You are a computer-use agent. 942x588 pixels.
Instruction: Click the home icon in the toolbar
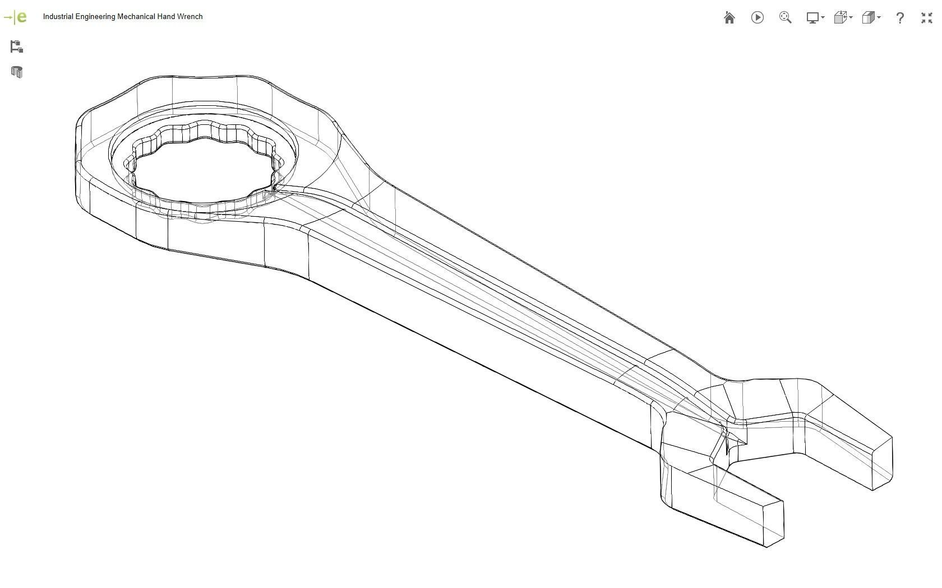729,18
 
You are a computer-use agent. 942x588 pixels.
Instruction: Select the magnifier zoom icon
785,18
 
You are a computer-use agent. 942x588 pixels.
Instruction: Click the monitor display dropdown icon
814,18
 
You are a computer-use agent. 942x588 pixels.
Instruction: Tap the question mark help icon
899,18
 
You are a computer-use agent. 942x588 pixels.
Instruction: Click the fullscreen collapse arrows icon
926,18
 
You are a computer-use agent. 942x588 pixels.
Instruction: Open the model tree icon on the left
16,46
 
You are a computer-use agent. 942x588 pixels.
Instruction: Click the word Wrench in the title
190,17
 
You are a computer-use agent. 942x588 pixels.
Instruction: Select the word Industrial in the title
58,17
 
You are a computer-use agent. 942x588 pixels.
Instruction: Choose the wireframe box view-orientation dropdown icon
842,18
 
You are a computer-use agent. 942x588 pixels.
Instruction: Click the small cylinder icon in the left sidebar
16,72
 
